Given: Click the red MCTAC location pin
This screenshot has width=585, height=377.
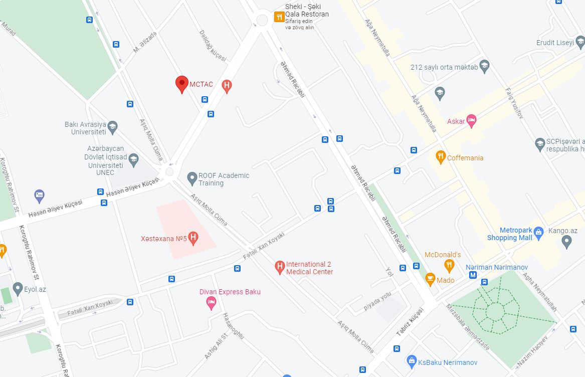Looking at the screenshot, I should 181,84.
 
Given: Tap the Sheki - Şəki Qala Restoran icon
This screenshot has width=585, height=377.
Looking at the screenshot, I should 279,17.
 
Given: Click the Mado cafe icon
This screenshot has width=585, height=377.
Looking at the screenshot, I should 430,278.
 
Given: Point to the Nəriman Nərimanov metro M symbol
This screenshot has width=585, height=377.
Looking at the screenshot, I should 472,275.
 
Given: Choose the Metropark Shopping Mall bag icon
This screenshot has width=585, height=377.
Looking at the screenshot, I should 538,232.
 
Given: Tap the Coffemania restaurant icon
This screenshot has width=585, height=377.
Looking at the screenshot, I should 441,156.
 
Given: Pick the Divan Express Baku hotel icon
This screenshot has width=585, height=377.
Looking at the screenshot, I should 211,302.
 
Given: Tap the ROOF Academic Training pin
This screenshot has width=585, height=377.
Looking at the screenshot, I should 191,177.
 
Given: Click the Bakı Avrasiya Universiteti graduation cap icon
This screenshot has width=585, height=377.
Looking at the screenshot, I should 112,126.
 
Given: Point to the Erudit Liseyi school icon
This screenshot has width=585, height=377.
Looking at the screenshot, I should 579,43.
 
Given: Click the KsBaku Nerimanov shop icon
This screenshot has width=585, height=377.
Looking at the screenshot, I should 412,360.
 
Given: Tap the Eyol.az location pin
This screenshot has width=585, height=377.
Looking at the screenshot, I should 18,288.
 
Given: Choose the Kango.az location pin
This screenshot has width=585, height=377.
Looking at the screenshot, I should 566,242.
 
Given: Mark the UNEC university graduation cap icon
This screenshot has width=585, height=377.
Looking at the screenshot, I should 133,160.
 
